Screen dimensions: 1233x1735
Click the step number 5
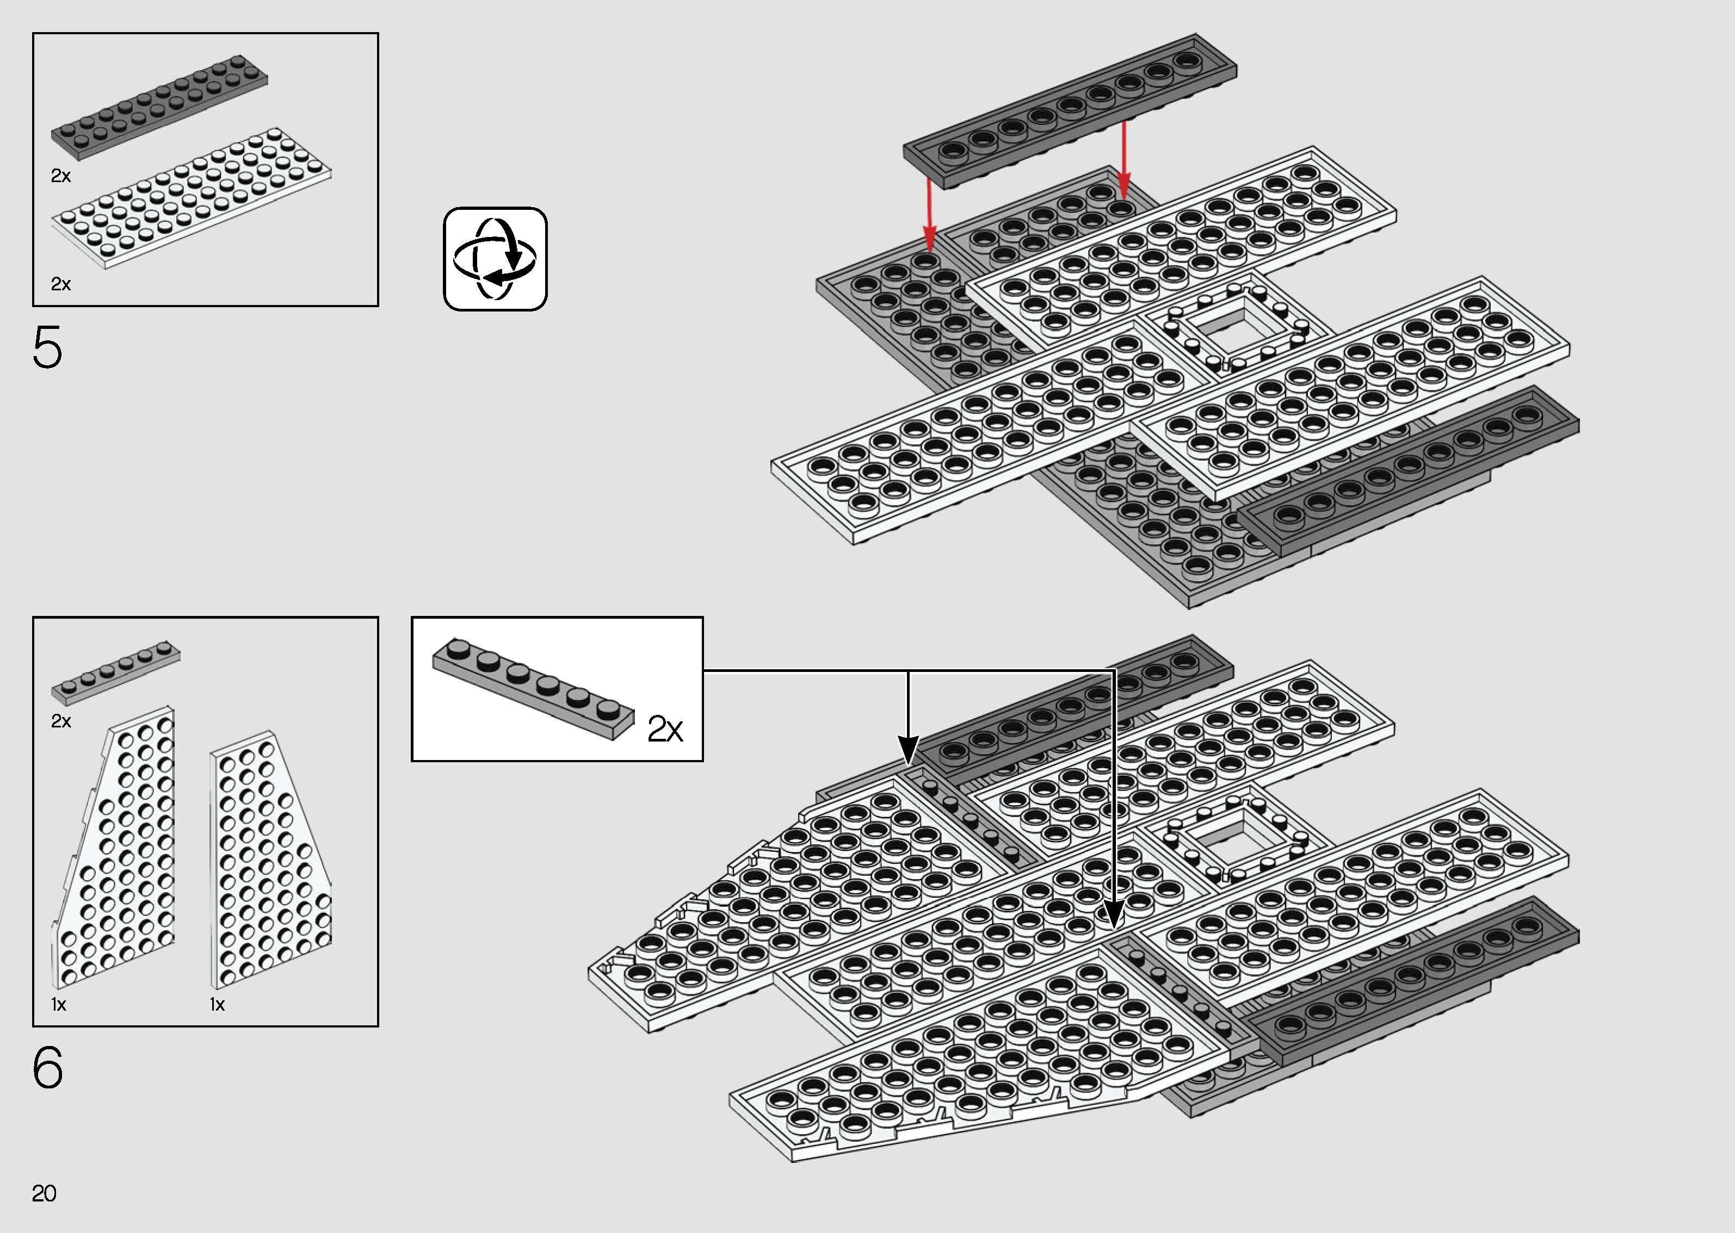tap(47, 348)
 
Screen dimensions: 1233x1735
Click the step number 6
tap(47, 1068)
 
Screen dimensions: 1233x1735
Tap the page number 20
tap(44, 1193)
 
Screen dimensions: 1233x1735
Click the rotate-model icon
tap(495, 259)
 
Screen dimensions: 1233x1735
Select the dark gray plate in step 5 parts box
tap(159, 107)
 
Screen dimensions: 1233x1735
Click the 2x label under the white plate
tap(61, 284)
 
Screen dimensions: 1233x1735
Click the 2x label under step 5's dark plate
tap(61, 176)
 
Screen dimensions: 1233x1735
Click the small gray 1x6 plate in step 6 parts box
tap(115, 671)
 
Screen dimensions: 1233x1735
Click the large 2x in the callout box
tap(665, 730)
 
